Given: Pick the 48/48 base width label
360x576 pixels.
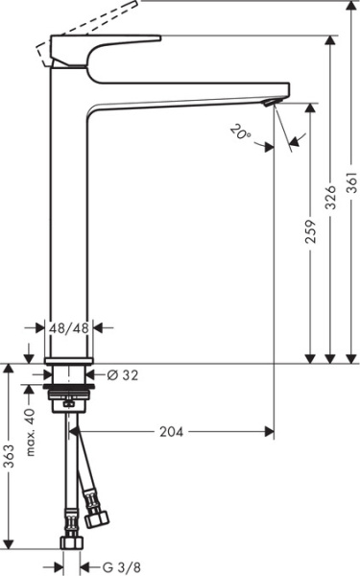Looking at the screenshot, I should [70, 327].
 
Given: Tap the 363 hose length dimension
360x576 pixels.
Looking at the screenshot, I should [9, 457].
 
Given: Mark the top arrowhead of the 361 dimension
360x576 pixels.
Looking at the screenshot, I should [350, 5].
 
